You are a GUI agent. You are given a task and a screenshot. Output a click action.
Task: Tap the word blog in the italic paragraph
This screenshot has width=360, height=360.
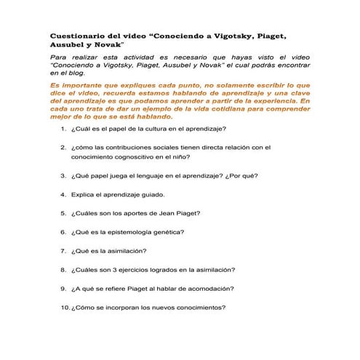pyautogui.click(x=75, y=73)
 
